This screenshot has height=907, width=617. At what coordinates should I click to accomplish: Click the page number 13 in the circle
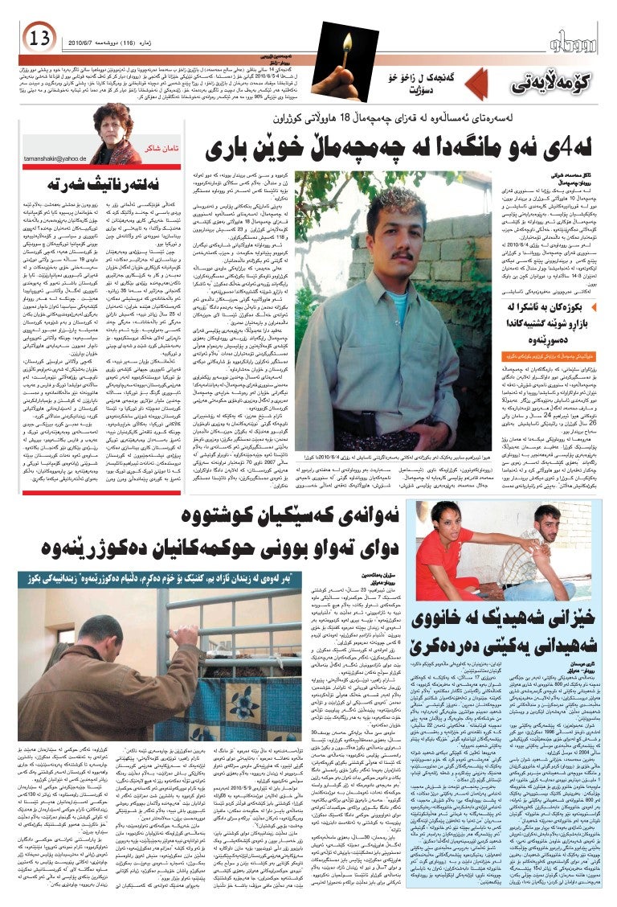click(38, 37)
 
